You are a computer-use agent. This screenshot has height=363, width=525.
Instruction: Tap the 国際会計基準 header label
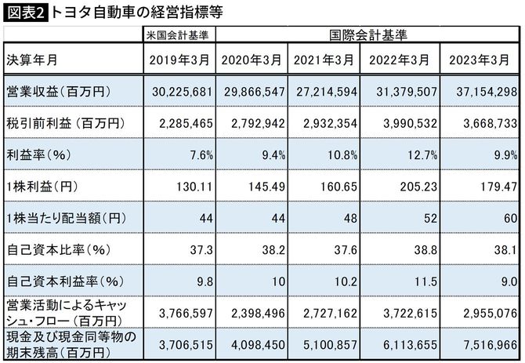tap(368, 35)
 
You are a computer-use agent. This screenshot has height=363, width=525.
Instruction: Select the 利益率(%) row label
tap(39, 154)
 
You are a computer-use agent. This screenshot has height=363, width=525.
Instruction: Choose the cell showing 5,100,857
tap(326, 343)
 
